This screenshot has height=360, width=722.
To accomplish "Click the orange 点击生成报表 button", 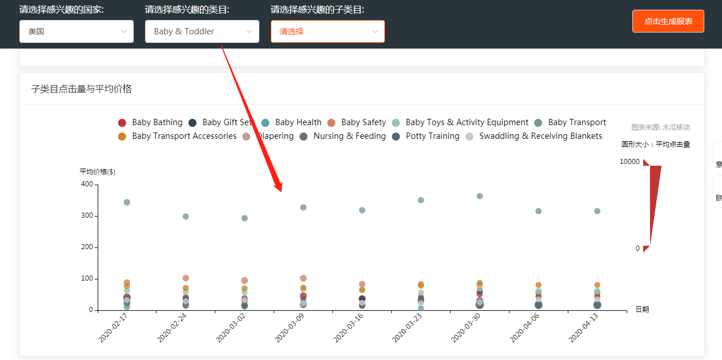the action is [668, 21].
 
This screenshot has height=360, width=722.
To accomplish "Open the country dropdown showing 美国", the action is [77, 31].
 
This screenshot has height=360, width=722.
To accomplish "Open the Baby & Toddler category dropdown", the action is [202, 31].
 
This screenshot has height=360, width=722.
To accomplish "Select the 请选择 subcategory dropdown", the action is [328, 31].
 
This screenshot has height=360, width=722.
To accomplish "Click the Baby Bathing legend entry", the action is [151, 122].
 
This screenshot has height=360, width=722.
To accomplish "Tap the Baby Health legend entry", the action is [291, 122].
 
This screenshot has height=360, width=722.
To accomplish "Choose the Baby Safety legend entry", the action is [356, 122].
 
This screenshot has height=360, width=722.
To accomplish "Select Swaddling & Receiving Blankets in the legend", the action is [534, 136].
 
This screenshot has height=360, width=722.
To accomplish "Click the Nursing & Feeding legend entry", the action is [343, 136].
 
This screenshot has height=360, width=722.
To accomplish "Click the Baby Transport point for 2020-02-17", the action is [127, 202].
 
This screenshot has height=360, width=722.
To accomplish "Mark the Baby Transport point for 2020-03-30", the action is [480, 196].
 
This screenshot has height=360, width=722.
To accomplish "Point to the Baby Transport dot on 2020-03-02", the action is [244, 218].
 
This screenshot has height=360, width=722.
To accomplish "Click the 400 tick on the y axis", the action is [87, 184].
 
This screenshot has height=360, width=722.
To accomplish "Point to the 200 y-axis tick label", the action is [87, 247].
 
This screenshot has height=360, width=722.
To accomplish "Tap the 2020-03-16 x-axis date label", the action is [348, 328].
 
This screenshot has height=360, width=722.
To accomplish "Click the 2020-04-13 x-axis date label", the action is [583, 328].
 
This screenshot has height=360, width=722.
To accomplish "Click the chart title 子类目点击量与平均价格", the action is [81, 89].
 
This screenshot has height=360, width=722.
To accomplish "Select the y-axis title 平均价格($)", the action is [97, 171].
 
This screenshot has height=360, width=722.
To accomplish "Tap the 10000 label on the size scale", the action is [629, 162].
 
